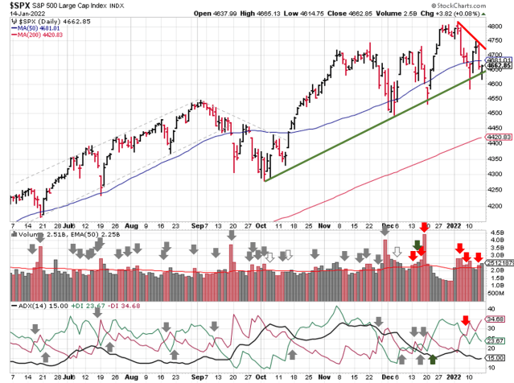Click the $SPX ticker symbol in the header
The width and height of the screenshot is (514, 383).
point(20,6)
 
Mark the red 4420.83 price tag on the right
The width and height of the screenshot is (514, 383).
point(499,138)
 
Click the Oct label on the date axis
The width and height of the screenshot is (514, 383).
point(261,228)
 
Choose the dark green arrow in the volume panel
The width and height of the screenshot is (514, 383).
point(417,244)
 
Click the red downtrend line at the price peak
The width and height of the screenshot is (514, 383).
point(468,35)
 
